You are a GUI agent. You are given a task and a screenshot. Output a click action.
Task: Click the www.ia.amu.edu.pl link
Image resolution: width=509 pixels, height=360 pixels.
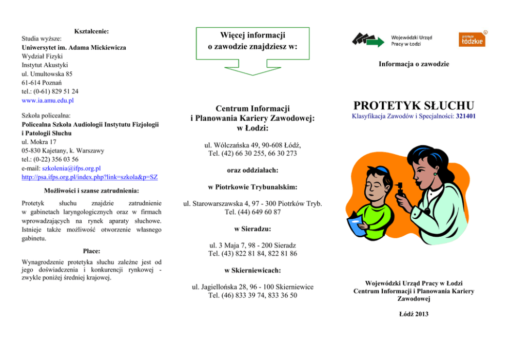tap(48, 101)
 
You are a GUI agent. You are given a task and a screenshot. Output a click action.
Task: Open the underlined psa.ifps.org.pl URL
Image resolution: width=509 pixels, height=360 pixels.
tap(89, 177)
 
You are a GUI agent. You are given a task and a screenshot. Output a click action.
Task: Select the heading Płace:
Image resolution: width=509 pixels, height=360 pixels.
tap(91, 251)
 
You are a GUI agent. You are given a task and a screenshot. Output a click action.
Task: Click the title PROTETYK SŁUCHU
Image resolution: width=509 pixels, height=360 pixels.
tap(414, 106)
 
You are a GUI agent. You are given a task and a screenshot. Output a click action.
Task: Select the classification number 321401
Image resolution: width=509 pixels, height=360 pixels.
tap(465, 117)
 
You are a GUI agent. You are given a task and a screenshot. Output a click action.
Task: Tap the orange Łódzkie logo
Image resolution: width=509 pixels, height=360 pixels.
tap(472, 40)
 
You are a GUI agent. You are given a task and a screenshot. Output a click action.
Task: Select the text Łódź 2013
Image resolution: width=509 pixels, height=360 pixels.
tap(414, 314)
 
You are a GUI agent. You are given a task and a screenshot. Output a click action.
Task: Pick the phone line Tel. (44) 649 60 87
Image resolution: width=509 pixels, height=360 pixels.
tap(252, 212)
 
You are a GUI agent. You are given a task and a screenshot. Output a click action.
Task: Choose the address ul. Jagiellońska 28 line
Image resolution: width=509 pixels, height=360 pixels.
tap(252, 287)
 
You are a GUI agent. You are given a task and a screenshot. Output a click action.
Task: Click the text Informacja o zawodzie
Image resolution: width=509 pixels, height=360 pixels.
tap(414, 64)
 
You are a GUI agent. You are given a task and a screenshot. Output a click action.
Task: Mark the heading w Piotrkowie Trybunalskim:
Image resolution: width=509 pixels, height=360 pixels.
tap(252, 187)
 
